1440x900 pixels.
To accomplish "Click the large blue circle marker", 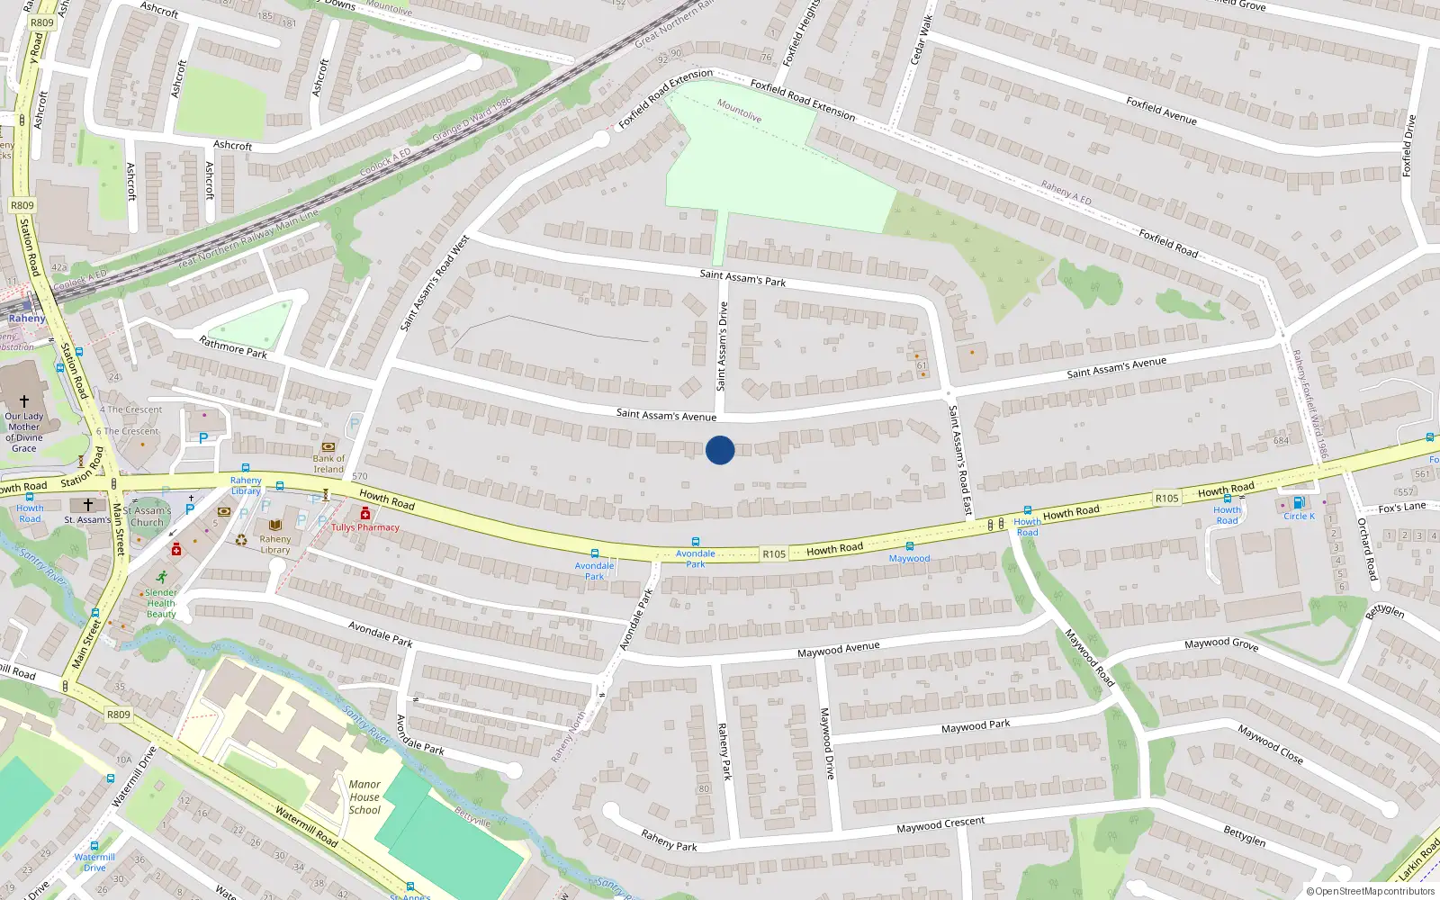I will [x=720, y=450].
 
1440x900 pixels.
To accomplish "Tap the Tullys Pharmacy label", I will [x=365, y=527].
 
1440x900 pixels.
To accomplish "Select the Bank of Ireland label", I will [x=328, y=463].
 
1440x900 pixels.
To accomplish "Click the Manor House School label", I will [x=364, y=797].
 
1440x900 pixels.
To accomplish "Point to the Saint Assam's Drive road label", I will [x=722, y=346].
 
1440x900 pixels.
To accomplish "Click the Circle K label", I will [x=1299, y=516].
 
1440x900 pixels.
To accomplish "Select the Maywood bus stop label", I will [x=909, y=558].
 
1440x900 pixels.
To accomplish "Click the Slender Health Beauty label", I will [x=161, y=603].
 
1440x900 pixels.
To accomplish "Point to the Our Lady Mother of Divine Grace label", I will [x=24, y=432].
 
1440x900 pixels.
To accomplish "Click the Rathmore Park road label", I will [x=233, y=346].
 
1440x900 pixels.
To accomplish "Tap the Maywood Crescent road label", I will [x=940, y=824].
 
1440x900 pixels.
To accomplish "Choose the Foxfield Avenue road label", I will [x=1161, y=111].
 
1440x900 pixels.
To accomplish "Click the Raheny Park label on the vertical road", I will [x=724, y=751].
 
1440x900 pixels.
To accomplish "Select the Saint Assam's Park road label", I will [x=742, y=278].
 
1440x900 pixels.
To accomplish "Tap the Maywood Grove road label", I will [x=1221, y=644].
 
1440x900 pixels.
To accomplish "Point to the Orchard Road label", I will [x=1366, y=549].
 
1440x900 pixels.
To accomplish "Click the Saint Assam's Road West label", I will [x=435, y=283].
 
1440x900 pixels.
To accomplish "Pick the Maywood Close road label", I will [x=1270, y=744].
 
